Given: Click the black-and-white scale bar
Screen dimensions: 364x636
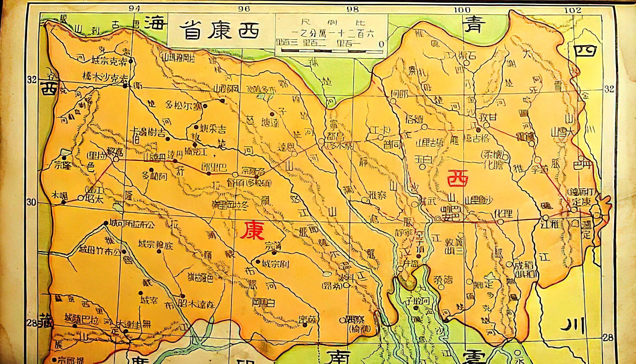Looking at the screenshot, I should tap(332, 51).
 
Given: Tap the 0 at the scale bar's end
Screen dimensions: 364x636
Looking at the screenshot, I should tap(381, 44).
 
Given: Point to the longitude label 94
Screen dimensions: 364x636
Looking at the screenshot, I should tap(134, 9).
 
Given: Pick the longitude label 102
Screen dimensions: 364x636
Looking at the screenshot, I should tap(573, 10).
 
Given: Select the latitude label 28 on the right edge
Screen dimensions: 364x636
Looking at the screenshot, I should tap(608, 338).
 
